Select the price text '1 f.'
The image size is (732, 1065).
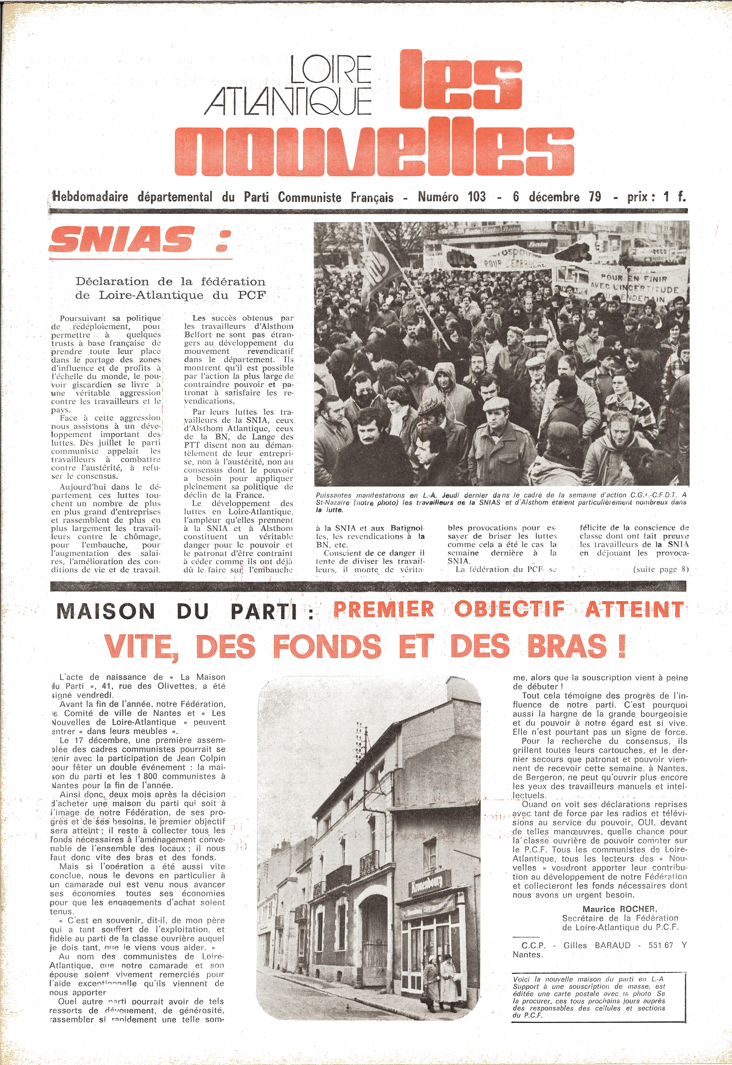(x=674, y=197)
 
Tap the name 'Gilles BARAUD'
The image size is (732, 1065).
(x=597, y=945)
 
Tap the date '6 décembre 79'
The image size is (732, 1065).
(x=557, y=197)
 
